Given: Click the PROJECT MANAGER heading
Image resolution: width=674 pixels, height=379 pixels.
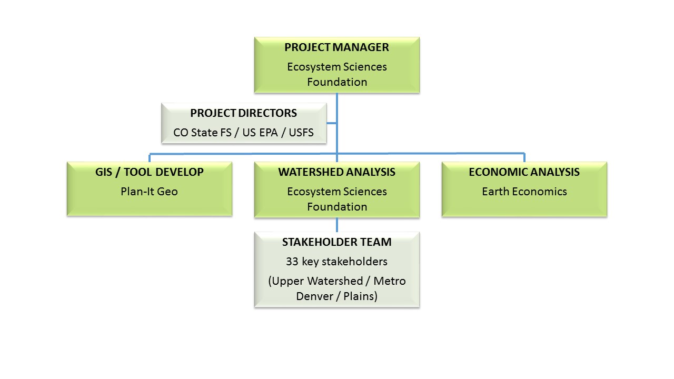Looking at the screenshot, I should [x=336, y=47].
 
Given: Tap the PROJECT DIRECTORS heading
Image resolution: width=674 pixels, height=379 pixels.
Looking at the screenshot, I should [x=243, y=113].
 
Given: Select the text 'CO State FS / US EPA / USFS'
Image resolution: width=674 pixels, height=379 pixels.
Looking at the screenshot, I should [x=243, y=133].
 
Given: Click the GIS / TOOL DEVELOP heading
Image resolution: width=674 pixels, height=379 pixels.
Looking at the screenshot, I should [x=150, y=172].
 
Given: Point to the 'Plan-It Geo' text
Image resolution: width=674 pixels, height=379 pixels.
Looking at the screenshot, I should [x=150, y=192].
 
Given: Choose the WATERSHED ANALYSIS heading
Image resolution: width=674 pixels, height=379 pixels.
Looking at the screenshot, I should [x=336, y=172].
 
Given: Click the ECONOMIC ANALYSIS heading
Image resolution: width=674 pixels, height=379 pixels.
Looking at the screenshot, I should [x=524, y=172].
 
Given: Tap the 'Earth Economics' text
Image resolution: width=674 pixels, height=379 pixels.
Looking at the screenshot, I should [x=524, y=192].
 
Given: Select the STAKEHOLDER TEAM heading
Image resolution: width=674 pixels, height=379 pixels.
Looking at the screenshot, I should [x=336, y=242].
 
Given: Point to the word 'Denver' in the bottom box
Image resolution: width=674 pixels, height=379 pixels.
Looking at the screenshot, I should [x=314, y=296].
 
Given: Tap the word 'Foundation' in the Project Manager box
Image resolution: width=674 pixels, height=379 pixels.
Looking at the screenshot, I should [x=336, y=82].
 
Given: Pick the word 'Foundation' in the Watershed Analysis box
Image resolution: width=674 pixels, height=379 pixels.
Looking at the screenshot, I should [x=336, y=207].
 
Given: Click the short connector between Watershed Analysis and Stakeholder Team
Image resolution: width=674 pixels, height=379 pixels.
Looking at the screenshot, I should [x=337, y=225].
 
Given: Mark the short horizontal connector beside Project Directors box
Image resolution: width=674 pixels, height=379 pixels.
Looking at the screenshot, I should [x=332, y=124].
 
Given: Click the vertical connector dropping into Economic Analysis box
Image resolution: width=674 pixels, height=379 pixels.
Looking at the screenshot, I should [x=524, y=157].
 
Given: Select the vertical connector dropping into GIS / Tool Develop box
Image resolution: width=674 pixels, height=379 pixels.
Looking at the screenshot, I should [x=150, y=157].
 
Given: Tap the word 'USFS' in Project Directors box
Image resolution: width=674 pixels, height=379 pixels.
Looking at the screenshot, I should [x=301, y=133].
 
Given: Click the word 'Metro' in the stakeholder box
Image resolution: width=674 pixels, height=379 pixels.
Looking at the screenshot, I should [x=390, y=281].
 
